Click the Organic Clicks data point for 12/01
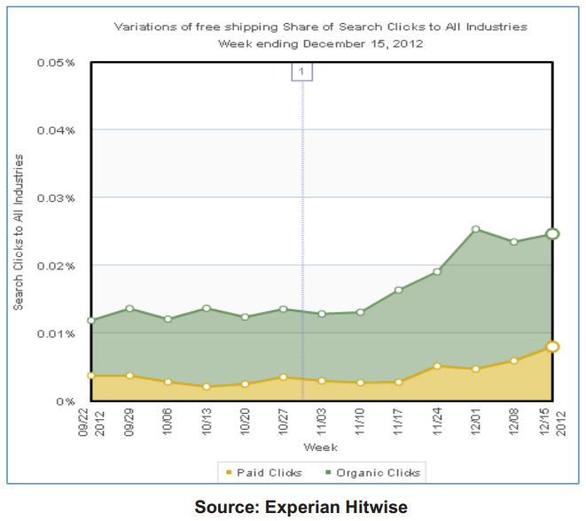pyautogui.click(x=476, y=229)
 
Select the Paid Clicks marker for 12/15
pyautogui.click(x=552, y=346)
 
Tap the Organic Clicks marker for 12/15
pyautogui.click(x=552, y=234)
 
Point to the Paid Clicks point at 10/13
pyautogui.click(x=206, y=386)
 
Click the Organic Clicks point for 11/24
pyautogui.click(x=437, y=271)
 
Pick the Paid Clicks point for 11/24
pyautogui.click(x=437, y=365)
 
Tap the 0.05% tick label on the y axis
pyautogui.click(x=56, y=63)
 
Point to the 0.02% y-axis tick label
pyautogui.click(x=56, y=266)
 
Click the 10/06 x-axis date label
pyautogui.click(x=168, y=420)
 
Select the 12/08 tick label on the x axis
pyautogui.click(x=515, y=420)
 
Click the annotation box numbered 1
pyautogui.click(x=302, y=71)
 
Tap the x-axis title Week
pyautogui.click(x=319, y=447)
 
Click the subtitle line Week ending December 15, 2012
pyautogui.click(x=320, y=43)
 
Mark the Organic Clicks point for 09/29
pyautogui.click(x=129, y=308)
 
